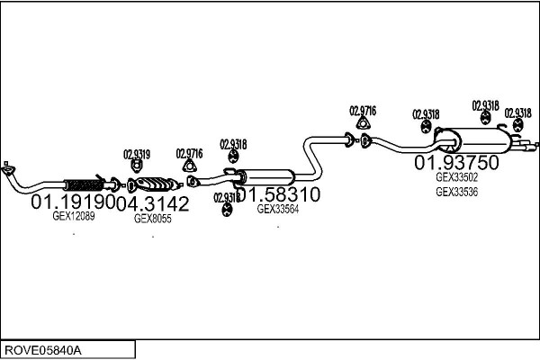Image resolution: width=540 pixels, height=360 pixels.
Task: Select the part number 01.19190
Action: [73, 203]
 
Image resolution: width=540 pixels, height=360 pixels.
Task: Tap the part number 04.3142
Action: [153, 203]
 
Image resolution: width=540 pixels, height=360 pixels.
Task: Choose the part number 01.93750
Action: [455, 163]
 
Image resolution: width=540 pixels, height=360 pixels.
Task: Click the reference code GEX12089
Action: [73, 216]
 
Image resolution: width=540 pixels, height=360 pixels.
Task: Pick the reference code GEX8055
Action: [151, 217]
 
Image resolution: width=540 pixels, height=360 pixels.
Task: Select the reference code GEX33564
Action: [277, 208]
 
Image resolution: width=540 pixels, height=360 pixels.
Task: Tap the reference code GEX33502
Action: [456, 177]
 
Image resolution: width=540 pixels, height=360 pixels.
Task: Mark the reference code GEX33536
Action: [456, 191]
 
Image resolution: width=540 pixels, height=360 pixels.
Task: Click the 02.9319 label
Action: [137, 153]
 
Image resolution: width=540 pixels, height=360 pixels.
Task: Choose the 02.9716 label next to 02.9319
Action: [189, 153]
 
